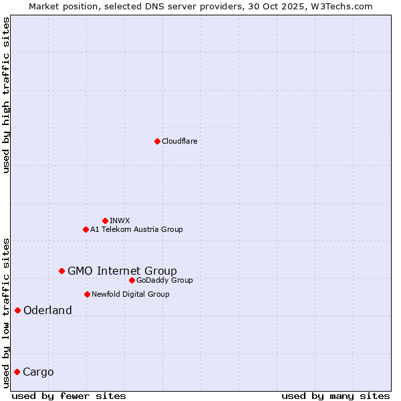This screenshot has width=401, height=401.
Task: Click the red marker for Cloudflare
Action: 157,141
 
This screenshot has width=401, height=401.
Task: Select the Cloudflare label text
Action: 180,141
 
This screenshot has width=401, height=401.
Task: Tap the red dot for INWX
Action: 105,221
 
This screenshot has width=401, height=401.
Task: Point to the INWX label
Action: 120,221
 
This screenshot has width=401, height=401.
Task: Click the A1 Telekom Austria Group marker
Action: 86,229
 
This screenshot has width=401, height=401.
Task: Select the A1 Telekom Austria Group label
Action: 136,229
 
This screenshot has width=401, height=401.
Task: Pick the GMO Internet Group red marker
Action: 61,271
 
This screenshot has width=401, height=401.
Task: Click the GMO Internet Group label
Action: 122,271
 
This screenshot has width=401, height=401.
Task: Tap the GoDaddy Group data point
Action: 132,280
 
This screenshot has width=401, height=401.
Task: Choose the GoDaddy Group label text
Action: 164,280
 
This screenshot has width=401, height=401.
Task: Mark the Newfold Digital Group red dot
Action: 87,294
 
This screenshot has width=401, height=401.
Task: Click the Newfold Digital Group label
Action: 130,294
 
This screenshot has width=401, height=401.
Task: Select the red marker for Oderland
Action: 17,310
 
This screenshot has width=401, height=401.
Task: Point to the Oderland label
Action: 47,310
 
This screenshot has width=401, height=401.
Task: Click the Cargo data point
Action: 17,372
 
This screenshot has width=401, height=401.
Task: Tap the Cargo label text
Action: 38,372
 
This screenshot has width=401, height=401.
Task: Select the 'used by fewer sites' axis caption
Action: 69,396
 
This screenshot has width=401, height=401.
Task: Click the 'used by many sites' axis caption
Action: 336,396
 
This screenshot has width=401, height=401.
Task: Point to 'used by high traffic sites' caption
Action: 6,95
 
